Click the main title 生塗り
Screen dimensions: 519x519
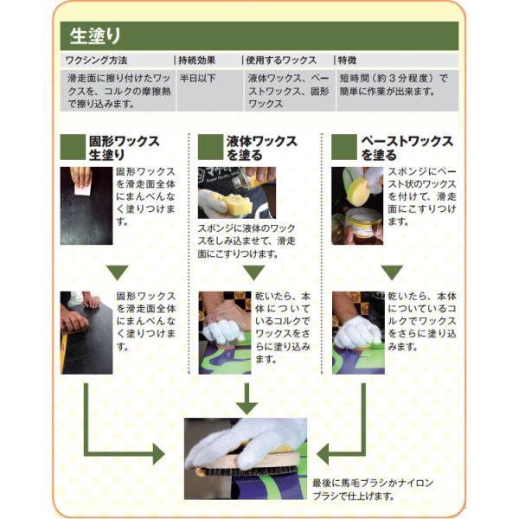95,35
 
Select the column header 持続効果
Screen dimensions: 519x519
197,61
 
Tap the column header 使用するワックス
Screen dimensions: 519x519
281,61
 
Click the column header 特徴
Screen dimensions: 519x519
347,61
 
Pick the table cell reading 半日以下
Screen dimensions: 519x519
197,78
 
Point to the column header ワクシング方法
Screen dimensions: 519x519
96,61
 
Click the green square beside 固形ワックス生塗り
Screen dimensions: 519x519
73,147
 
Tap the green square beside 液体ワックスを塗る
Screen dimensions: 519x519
210,147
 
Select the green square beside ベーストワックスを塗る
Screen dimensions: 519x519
344,147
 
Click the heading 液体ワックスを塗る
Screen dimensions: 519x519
261,148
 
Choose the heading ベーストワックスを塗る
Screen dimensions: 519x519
407,148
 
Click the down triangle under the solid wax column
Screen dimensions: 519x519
118,272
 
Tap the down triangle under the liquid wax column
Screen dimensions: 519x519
253,272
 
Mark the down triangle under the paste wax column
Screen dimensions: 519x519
392,272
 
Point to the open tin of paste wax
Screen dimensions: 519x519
363,222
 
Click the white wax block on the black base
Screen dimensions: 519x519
82,189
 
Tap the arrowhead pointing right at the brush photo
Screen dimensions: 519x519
159,454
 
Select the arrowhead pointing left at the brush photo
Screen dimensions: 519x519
323,454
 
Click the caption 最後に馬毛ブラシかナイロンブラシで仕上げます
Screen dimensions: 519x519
373,490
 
